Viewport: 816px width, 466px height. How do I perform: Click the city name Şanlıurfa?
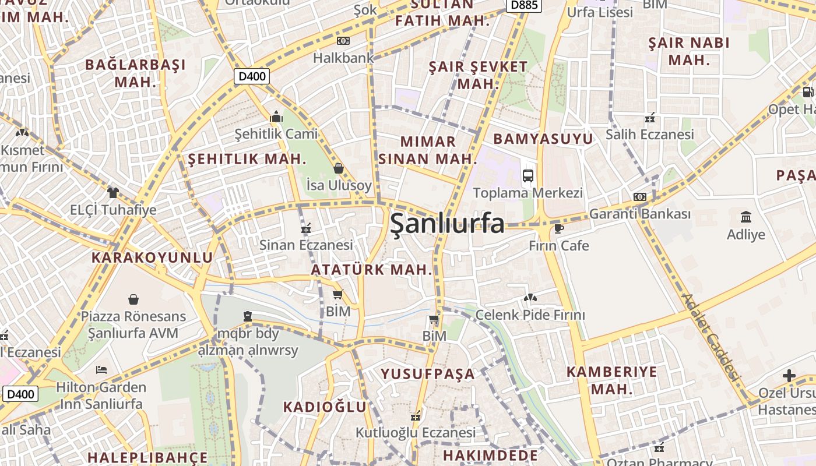[447, 223]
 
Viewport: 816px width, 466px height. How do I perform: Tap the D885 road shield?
[523, 5]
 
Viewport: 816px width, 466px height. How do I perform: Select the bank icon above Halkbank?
[343, 41]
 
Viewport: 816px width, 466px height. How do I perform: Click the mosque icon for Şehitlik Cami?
[276, 117]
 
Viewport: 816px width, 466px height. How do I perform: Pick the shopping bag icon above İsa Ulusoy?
[339, 168]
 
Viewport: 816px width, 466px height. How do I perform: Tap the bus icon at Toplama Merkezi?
[527, 175]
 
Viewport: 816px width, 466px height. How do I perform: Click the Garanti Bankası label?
[639, 214]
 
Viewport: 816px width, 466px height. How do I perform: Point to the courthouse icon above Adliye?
[745, 217]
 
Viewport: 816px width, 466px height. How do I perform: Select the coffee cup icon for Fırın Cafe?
[558, 228]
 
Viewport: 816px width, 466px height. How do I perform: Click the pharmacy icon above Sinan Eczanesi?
[305, 228]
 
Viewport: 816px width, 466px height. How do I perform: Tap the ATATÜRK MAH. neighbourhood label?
[371, 270]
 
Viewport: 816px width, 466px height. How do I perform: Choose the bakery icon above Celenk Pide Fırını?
[530, 298]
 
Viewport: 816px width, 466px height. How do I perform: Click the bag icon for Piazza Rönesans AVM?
[133, 299]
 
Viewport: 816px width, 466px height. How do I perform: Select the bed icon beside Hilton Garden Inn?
[101, 370]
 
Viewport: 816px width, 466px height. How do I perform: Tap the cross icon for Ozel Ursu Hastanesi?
[789, 376]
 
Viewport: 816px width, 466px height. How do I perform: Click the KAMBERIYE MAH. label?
[611, 380]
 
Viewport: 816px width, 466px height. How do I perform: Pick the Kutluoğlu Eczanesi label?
[416, 433]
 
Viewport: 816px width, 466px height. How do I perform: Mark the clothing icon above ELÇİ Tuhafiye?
[112, 192]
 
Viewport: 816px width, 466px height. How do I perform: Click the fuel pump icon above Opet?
[808, 91]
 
